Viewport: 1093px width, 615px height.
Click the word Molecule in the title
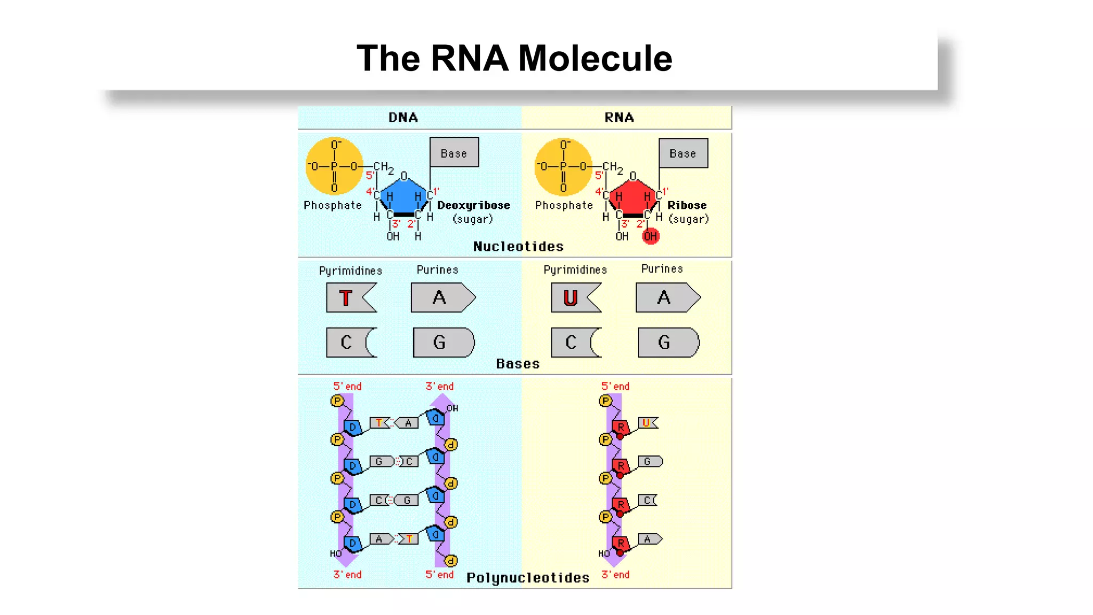pyautogui.click(x=595, y=58)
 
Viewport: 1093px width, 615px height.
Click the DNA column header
pyautogui.click(x=403, y=117)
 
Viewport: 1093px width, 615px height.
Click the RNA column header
pyautogui.click(x=619, y=117)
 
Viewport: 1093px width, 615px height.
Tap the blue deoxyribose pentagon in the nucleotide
pyautogui.click(x=403, y=196)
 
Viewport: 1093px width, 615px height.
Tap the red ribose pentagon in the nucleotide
pyautogui.click(x=632, y=196)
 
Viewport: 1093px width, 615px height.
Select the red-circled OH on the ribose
pyautogui.click(x=650, y=236)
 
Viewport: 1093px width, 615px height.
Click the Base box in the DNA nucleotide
pyautogui.click(x=454, y=153)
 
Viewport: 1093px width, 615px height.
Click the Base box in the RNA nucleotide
pyautogui.click(x=683, y=153)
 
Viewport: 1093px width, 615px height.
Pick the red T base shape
pyautogui.click(x=351, y=298)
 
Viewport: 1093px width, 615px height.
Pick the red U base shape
pyautogui.click(x=575, y=298)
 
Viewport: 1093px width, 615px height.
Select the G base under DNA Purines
pyautogui.click(x=443, y=343)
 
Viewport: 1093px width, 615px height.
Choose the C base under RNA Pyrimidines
pyautogui.click(x=575, y=343)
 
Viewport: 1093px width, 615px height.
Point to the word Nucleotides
pyautogui.click(x=518, y=247)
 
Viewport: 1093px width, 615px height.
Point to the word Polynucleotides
pyautogui.click(x=528, y=578)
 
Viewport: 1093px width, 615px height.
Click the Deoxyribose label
pyautogui.click(x=473, y=206)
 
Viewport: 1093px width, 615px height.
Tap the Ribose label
pyautogui.click(x=687, y=206)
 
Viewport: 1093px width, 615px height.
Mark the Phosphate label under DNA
pyautogui.click(x=332, y=206)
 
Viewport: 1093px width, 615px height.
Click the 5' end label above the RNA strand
pyautogui.click(x=615, y=386)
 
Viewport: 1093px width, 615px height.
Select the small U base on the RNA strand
pyautogui.click(x=647, y=423)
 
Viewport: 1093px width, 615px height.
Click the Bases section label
pyautogui.click(x=518, y=364)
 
